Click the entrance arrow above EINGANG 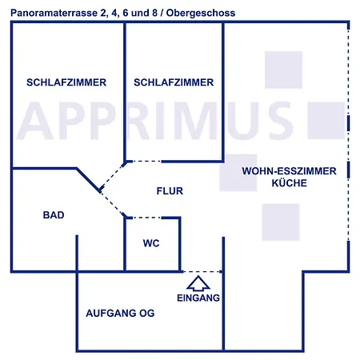pos(198,283)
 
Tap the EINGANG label pos(198,298)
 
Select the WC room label pos(151,243)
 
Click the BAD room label pos(54,215)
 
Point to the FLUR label pos(170,191)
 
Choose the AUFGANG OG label pos(120,313)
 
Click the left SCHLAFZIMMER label pos(66,82)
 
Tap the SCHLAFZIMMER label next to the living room pos(174,82)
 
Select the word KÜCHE pos(290,183)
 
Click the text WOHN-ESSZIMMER pos(290,171)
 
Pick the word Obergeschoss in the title pos(201,13)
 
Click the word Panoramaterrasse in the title pos(54,13)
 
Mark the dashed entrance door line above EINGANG pos(202,272)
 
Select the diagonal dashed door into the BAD pos(112,204)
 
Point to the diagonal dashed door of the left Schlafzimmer pos(112,177)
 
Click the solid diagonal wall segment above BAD pos(89,179)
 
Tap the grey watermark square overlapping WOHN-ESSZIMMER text pos(238,173)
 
